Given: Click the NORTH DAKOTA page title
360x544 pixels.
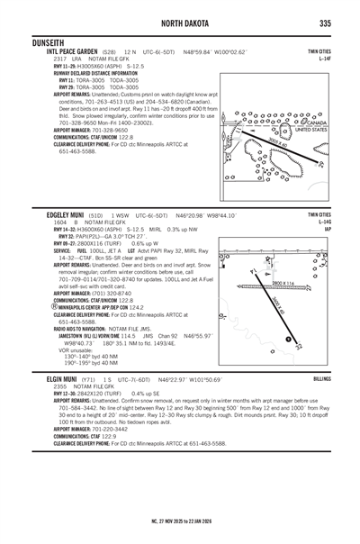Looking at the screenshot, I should [180, 22].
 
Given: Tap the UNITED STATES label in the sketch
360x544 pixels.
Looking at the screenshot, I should [311, 131].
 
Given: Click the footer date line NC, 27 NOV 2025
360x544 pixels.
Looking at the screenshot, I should [180, 521].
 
